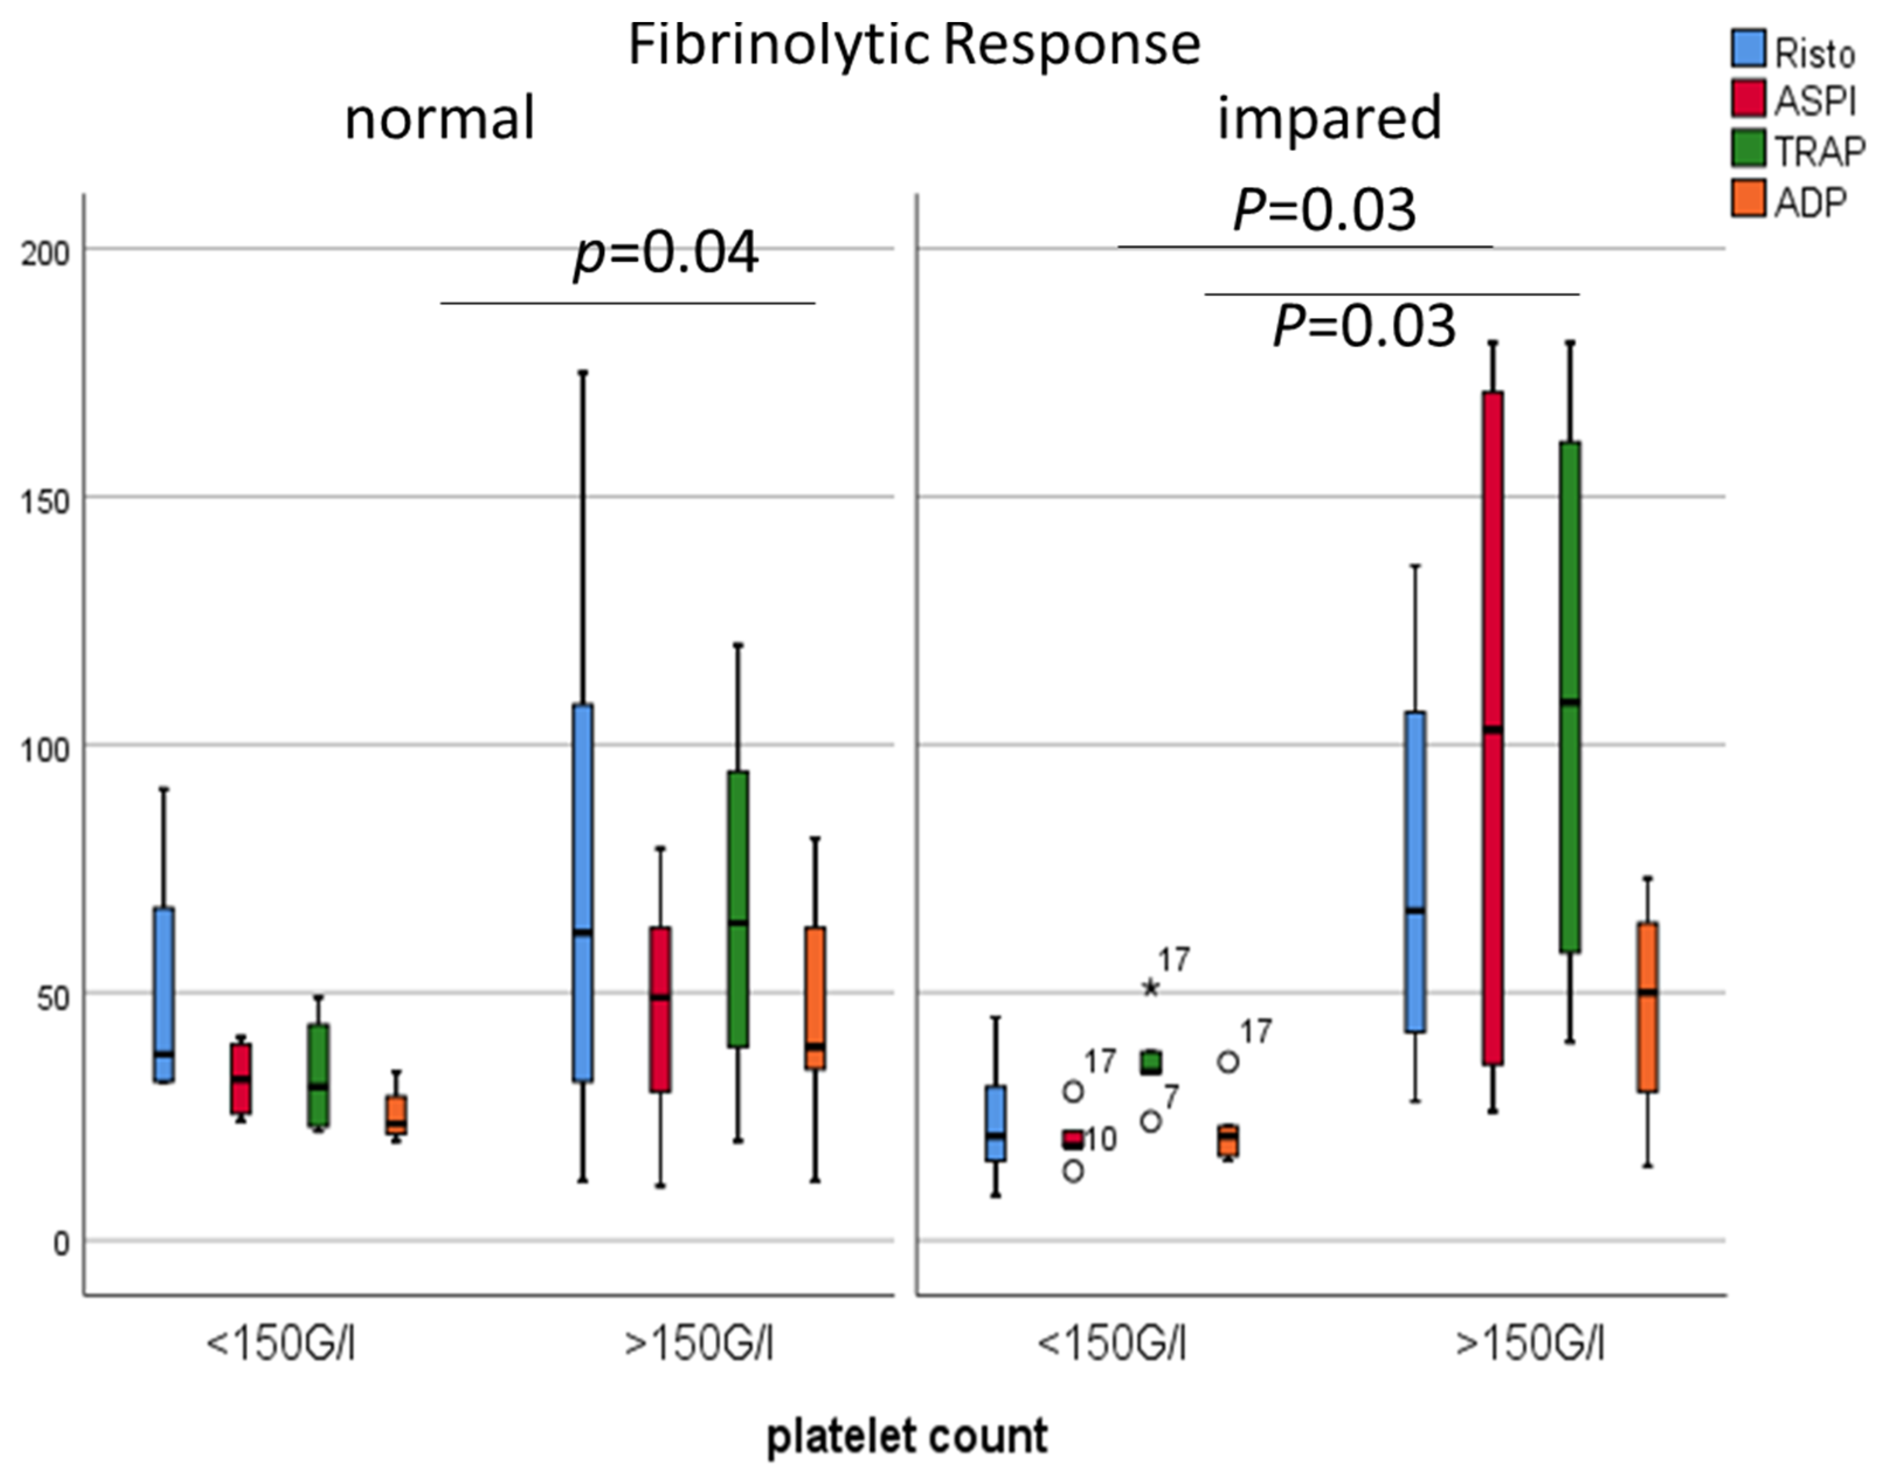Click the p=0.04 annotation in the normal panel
[666, 253]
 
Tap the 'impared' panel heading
[1329, 118]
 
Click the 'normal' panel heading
[440, 118]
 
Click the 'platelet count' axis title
[907, 1436]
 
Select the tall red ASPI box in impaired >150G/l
[1492, 728]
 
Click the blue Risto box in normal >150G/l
[583, 893]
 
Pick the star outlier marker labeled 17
[1150, 988]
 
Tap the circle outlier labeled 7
[1150, 1121]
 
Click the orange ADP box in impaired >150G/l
[1647, 1006]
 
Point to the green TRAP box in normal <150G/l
[318, 1075]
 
